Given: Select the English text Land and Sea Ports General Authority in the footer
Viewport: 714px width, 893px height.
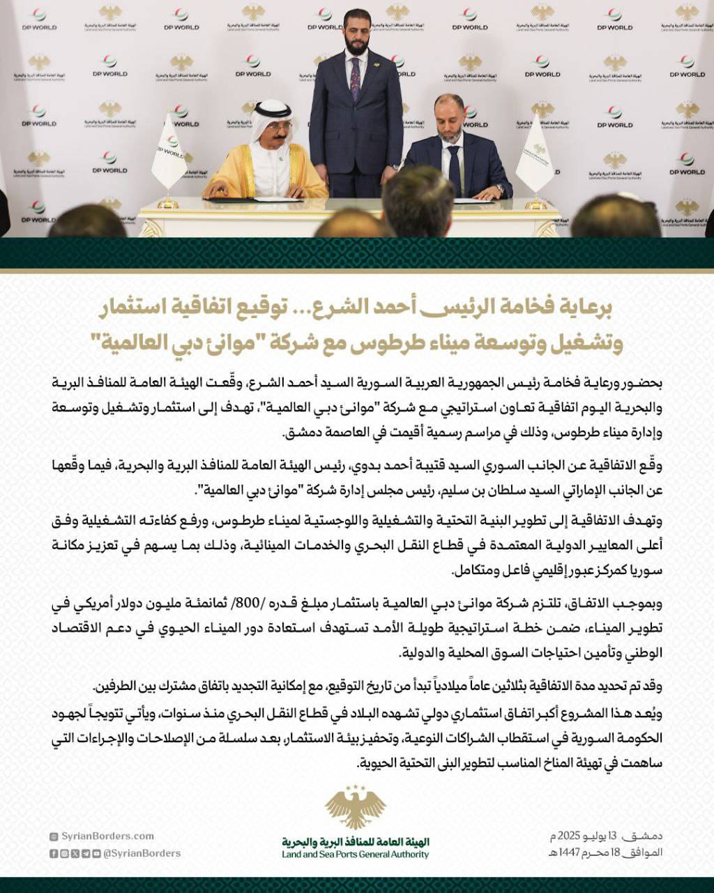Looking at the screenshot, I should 356,855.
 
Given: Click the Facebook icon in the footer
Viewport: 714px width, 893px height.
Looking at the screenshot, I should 54,853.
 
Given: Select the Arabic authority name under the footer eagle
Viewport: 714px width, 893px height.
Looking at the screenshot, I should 356,842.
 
